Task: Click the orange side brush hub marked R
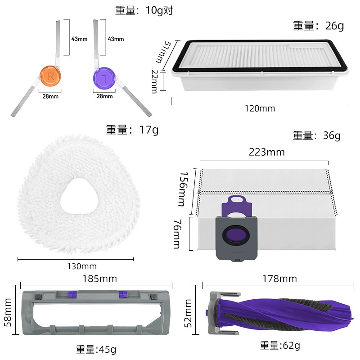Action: (x=50, y=76)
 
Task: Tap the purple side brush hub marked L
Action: (x=104, y=78)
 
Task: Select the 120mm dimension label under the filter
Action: (x=260, y=108)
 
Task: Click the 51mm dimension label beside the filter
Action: (x=163, y=52)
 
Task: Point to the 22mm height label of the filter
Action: (x=155, y=81)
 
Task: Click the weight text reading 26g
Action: (x=334, y=26)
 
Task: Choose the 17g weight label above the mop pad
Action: (x=149, y=130)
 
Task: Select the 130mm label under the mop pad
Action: (x=82, y=266)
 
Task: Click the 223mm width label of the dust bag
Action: (x=267, y=152)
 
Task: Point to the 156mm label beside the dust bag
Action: (x=183, y=189)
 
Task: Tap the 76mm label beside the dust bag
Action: (x=177, y=234)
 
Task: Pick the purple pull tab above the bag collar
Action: (x=237, y=206)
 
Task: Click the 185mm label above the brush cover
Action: (x=99, y=279)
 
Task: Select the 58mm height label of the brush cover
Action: (x=8, y=312)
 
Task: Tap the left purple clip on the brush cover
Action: (x=72, y=294)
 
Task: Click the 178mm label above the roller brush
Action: (x=279, y=279)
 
